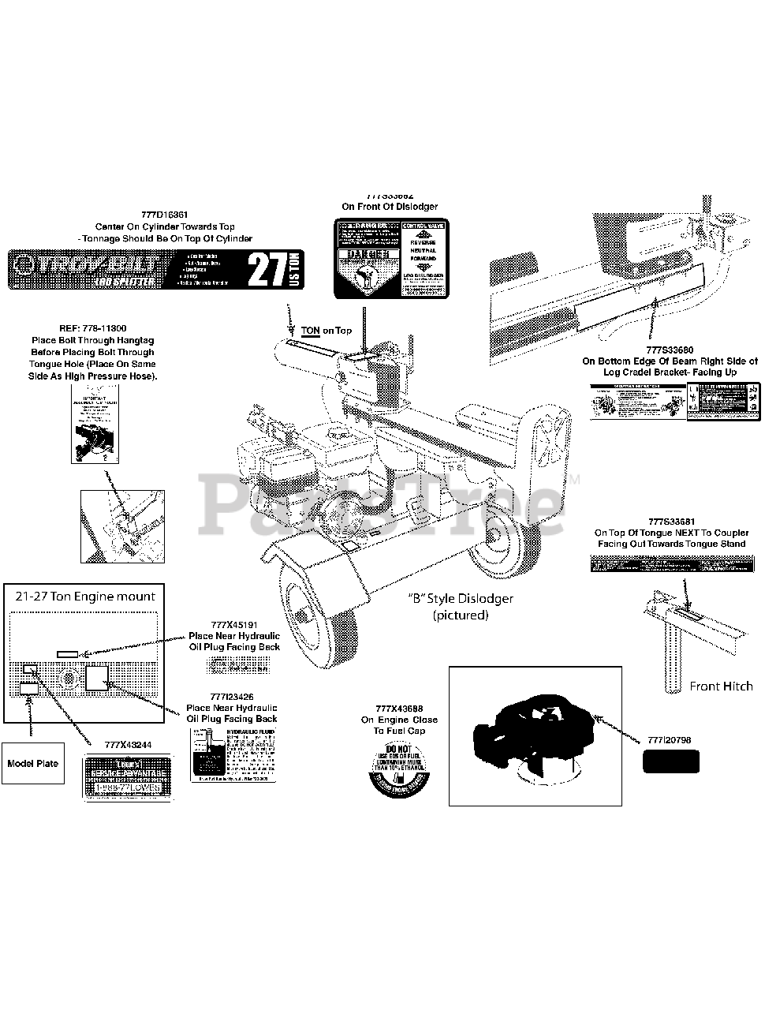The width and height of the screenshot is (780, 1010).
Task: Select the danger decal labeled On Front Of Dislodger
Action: [x=390, y=260]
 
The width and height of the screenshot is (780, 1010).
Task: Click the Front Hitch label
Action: [x=721, y=686]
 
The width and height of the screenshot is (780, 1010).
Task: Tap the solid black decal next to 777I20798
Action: [x=670, y=762]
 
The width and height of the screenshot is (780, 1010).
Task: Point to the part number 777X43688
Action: [x=399, y=709]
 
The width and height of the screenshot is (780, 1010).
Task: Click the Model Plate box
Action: [x=32, y=764]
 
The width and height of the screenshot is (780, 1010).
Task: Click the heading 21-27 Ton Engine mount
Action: [x=85, y=597]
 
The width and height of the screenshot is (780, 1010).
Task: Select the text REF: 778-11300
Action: [x=92, y=328]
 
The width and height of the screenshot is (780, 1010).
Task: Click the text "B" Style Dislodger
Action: [x=461, y=599]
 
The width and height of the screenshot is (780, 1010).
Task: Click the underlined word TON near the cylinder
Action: [x=310, y=331]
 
